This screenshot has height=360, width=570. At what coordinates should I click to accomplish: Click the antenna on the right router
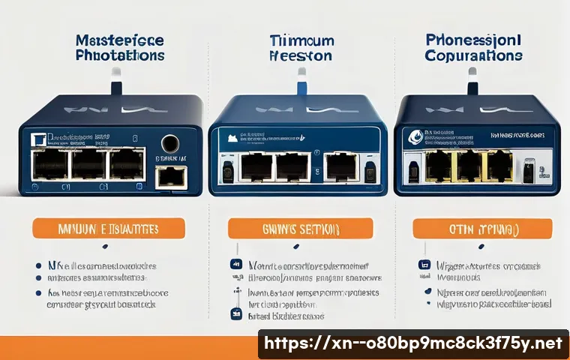[x=472, y=79]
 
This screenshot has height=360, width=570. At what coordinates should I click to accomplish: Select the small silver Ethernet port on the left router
[x=170, y=178]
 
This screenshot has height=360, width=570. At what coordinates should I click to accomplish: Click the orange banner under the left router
[x=109, y=228]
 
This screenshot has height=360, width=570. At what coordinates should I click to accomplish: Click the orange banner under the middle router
[x=300, y=228]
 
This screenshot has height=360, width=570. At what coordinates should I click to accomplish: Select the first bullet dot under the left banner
[x=39, y=265]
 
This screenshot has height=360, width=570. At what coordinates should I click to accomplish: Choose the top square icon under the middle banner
[x=235, y=265]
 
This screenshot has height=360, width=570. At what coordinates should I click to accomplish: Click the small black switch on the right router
[x=529, y=172]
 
